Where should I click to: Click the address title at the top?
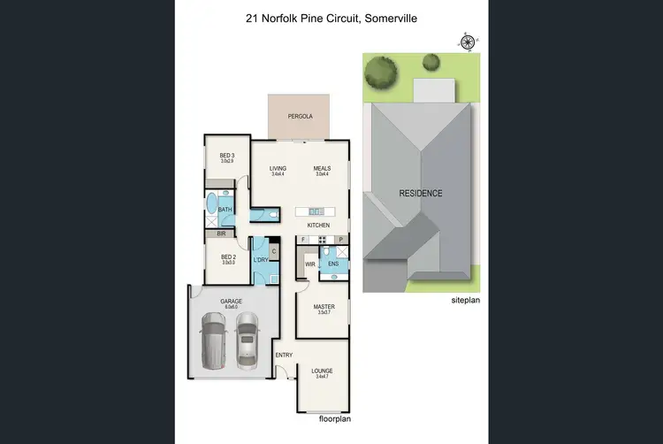click(x=331, y=18)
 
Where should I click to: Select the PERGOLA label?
click(x=300, y=116)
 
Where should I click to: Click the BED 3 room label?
click(x=226, y=156)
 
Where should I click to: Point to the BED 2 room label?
click(x=226, y=257)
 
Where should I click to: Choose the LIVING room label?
click(x=278, y=168)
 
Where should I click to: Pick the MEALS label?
click(x=321, y=168)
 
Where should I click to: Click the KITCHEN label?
click(x=318, y=226)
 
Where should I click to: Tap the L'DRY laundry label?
click(x=260, y=259)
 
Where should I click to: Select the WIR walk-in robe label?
click(x=310, y=264)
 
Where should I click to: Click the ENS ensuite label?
click(x=333, y=264)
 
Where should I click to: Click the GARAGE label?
click(x=231, y=302)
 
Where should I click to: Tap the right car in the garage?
click(x=248, y=341)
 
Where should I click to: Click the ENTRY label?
click(x=284, y=356)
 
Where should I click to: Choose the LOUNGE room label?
click(x=322, y=371)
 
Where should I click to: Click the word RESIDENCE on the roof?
click(x=420, y=193)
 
